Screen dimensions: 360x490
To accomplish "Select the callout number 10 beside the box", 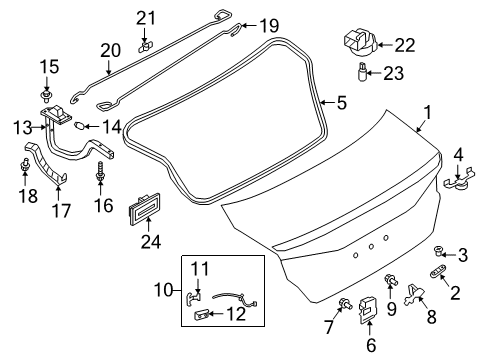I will tap(167, 290).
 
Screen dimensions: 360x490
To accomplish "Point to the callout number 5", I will tap(341, 101).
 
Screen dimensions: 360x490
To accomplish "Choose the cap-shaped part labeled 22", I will tap(358, 41).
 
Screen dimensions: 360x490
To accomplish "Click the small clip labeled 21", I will tap(146, 45).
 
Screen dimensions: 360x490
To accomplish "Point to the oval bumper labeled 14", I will tap(82, 125).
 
